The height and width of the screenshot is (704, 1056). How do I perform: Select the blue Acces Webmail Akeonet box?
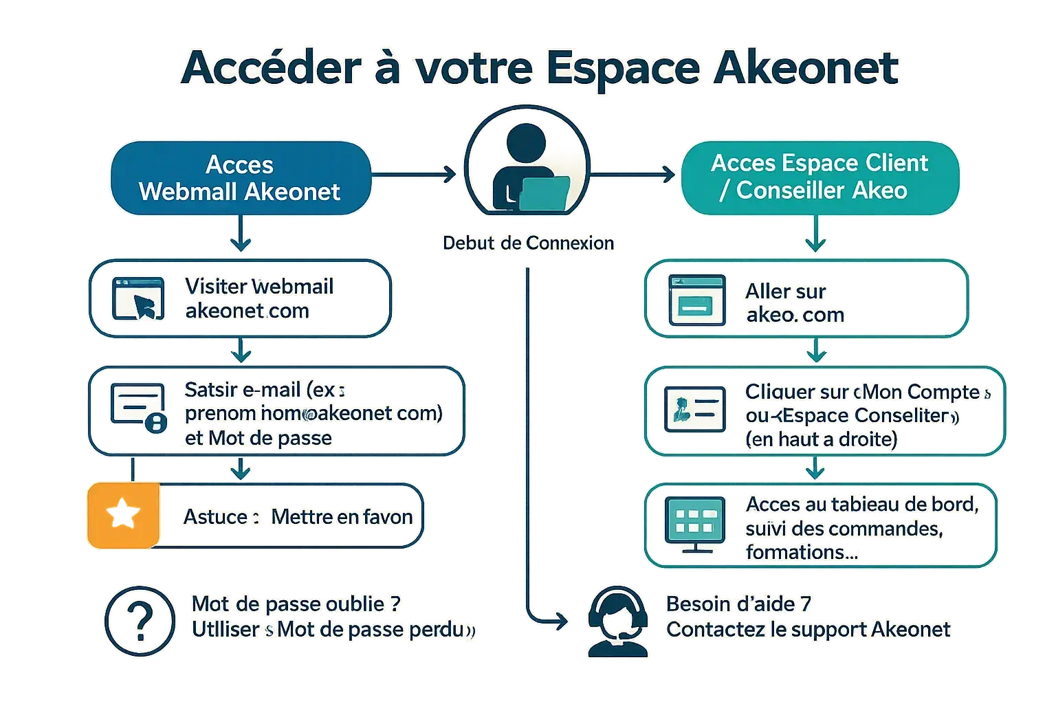(x=240, y=178)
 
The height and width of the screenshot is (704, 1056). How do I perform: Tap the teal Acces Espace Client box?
(x=819, y=177)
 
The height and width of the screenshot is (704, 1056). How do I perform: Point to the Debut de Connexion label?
(x=528, y=243)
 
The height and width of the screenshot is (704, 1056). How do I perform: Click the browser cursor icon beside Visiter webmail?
(x=138, y=298)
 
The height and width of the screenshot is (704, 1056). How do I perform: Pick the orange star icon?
(x=123, y=515)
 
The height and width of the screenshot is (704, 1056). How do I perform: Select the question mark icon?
(x=140, y=620)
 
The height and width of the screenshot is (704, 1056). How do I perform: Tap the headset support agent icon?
(x=618, y=621)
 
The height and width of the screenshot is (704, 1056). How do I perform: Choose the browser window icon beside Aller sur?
(x=696, y=300)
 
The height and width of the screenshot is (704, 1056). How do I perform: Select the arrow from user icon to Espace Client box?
(x=633, y=175)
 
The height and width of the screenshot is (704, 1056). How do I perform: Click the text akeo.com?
(x=795, y=315)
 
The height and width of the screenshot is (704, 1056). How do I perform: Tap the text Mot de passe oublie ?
(x=296, y=604)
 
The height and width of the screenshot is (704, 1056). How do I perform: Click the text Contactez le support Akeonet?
(x=808, y=629)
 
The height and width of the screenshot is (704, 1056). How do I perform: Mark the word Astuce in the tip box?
(x=215, y=517)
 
